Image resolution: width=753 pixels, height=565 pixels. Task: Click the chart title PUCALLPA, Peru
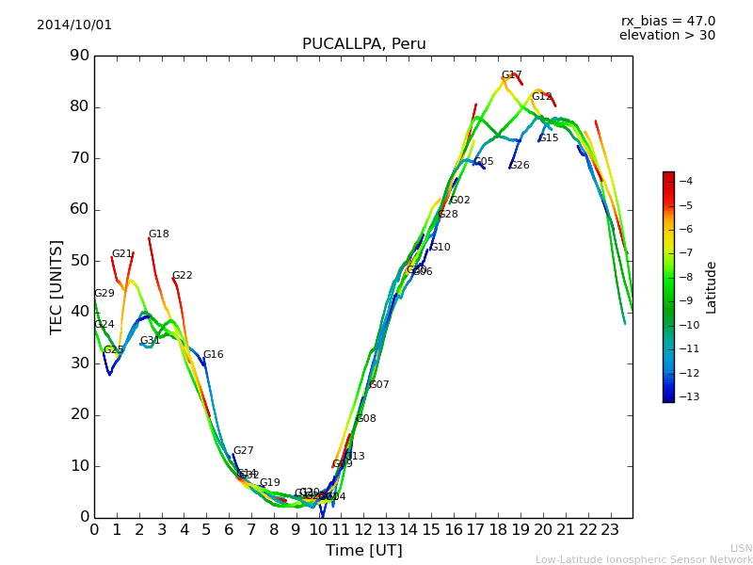click(x=363, y=44)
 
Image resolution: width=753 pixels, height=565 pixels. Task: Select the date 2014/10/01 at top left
click(x=74, y=25)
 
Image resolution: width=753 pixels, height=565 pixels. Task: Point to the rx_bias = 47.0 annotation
click(x=667, y=22)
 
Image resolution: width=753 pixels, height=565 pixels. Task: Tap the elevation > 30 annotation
click(x=666, y=36)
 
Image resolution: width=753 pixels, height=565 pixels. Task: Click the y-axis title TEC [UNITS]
click(x=56, y=286)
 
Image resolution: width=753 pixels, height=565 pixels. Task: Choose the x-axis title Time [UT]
click(x=363, y=551)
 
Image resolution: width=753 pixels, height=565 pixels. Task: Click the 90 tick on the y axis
click(x=78, y=56)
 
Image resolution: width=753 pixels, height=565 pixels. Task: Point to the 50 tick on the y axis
click(x=78, y=261)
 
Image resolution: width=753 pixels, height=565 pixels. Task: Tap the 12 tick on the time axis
click(x=363, y=530)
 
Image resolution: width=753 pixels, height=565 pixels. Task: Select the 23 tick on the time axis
click(x=610, y=530)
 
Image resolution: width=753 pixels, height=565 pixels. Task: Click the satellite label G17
click(x=511, y=75)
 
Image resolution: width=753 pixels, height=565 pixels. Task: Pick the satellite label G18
click(x=158, y=234)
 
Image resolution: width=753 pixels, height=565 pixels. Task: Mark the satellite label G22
click(x=182, y=276)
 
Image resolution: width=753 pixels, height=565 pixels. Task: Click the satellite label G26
click(x=519, y=166)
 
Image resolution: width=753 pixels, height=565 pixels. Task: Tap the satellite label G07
click(x=378, y=385)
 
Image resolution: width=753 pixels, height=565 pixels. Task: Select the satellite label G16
click(x=213, y=355)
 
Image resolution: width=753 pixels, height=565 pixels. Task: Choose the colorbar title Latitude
click(x=712, y=287)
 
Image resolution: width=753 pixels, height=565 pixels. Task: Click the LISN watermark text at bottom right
click(x=741, y=548)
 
